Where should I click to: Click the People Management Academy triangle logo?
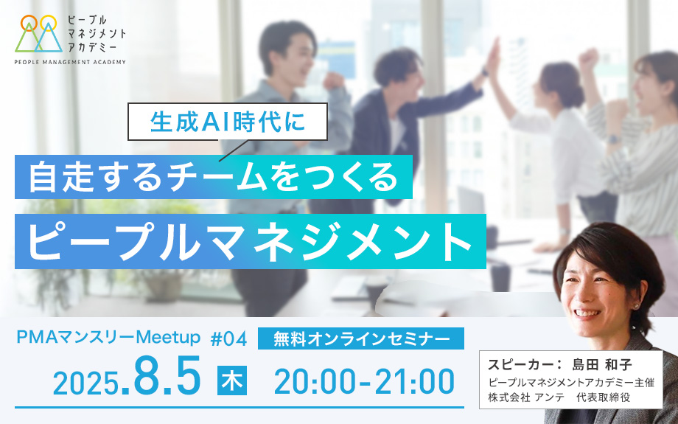(38, 34)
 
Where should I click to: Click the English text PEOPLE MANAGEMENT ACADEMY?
(70, 62)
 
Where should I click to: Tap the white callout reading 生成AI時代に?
(228, 122)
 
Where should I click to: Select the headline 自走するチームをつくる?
(214, 176)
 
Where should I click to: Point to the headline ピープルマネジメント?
(251, 241)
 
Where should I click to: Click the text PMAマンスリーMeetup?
(108, 337)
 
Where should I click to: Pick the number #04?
(228, 338)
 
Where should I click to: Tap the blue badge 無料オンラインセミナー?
(361, 338)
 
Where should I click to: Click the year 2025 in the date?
(85, 383)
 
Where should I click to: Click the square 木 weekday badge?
(232, 380)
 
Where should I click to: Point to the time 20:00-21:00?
(364, 382)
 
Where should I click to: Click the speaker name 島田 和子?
(602, 364)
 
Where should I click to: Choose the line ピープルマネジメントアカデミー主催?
(571, 383)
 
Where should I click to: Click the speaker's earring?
(636, 306)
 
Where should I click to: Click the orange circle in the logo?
(29, 23)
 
